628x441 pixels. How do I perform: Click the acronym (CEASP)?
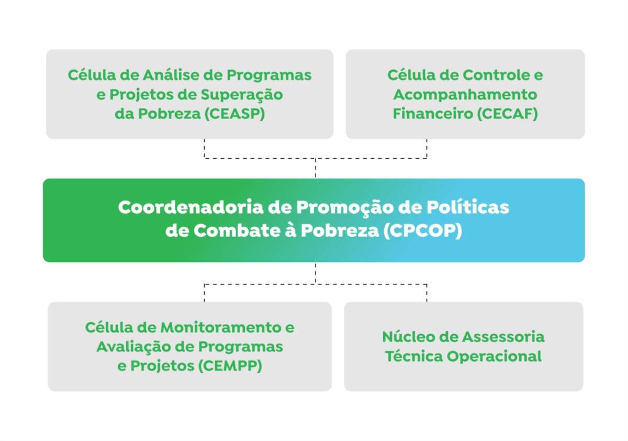coord(234,114)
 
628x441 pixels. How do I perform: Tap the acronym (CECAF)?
coord(508,114)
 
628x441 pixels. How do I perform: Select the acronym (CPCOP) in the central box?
coord(422,231)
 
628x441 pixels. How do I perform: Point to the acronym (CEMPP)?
coord(230,366)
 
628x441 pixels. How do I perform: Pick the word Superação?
coord(242,95)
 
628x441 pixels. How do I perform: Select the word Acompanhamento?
coord(465,95)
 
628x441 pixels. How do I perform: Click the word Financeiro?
coord(433,114)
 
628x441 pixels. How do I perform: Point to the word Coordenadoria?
coord(190,207)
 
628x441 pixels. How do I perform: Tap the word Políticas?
coord(468,207)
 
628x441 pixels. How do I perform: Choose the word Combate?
coord(237,231)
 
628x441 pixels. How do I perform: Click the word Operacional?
coord(494,357)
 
